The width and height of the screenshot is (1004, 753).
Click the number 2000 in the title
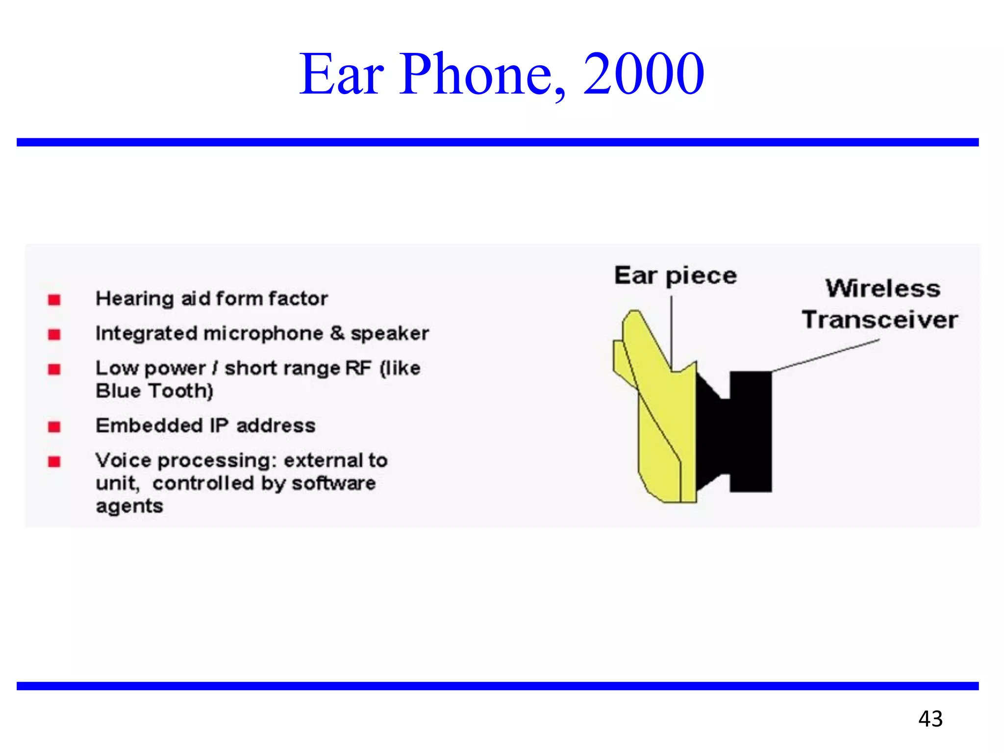point(643,75)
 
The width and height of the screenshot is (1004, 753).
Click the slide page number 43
point(930,719)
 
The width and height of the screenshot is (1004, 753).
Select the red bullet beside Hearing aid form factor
point(54,300)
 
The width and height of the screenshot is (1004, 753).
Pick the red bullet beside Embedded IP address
point(54,427)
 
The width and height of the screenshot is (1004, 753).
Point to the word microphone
point(263,334)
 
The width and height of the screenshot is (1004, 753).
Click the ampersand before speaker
point(337,333)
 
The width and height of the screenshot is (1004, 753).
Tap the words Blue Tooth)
point(154,391)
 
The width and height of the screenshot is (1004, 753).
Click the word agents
point(129,506)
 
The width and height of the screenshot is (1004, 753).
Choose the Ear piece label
point(675,276)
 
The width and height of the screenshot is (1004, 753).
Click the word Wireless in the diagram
point(883,288)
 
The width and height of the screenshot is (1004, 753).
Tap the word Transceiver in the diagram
point(879,320)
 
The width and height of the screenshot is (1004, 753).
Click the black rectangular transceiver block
point(751,431)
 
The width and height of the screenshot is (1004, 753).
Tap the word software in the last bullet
point(333,483)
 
